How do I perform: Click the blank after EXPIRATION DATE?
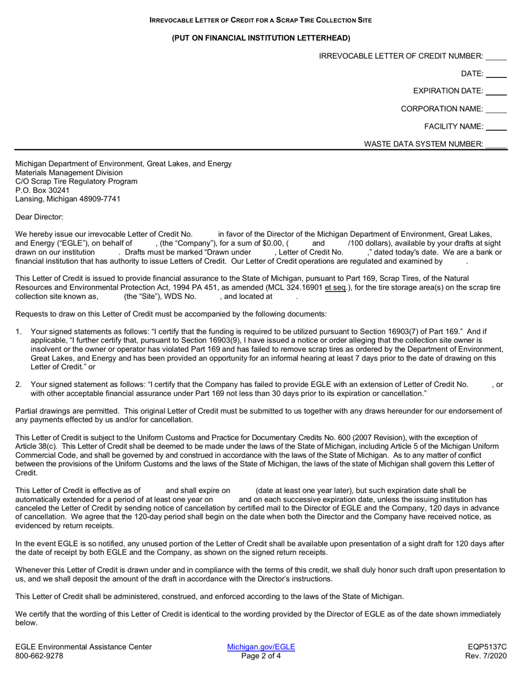pyautogui.click(x=496, y=91)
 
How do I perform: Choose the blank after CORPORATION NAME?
pyautogui.click(x=496, y=109)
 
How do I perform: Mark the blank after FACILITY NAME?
pyautogui.click(x=496, y=127)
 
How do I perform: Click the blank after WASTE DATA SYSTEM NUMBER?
pyautogui.click(x=496, y=145)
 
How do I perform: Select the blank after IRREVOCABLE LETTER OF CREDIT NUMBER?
pyautogui.click(x=496, y=56)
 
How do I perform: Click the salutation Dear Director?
pyautogui.click(x=39, y=217)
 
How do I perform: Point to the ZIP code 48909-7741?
pyautogui.click(x=99, y=199)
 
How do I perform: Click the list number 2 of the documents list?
pyautogui.click(x=18, y=385)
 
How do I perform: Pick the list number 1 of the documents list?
pyautogui.click(x=18, y=331)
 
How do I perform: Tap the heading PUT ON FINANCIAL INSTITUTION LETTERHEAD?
pyautogui.click(x=261, y=38)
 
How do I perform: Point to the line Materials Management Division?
pyautogui.click(x=69, y=173)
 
